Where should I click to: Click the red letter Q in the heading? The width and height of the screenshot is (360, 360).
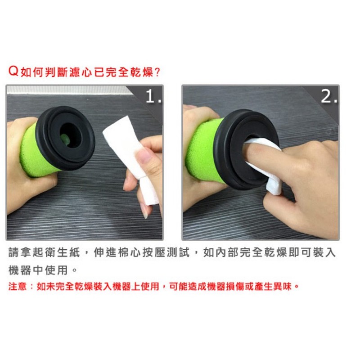click(x=13, y=71)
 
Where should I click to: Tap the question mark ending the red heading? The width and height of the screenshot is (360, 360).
click(x=157, y=72)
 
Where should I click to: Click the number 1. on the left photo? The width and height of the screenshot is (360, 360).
click(x=153, y=96)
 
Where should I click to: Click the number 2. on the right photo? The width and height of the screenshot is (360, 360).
click(x=329, y=96)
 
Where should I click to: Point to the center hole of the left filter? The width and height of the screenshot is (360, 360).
click(x=70, y=136)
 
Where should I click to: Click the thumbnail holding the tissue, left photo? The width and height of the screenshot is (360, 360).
click(x=144, y=154)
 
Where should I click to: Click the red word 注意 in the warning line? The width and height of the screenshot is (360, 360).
click(x=18, y=286)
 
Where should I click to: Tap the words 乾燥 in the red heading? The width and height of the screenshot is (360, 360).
click(x=142, y=72)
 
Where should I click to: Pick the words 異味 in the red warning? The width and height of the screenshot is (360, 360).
click(x=282, y=286)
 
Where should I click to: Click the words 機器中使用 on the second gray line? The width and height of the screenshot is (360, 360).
click(x=38, y=270)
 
